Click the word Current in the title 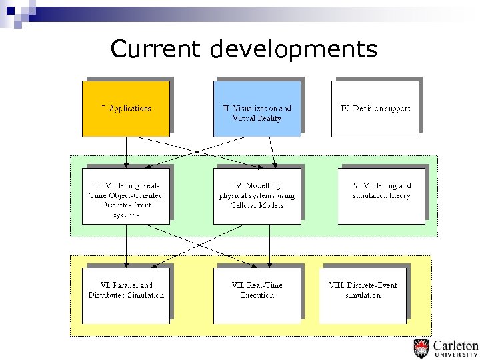point(155,49)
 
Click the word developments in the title point(293,49)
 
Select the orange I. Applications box point(125,108)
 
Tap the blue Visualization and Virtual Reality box point(257,109)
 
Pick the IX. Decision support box point(375,109)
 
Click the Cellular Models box point(257,195)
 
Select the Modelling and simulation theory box point(381,195)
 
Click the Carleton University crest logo point(421,348)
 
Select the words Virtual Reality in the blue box point(257,118)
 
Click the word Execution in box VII point(257,295)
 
